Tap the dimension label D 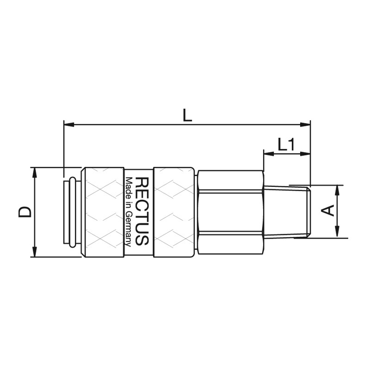coord(25,212)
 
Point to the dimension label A coord(328,210)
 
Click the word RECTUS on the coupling coord(142,212)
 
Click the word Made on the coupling coord(129,186)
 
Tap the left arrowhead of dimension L coord(69,124)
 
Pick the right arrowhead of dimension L coord(305,124)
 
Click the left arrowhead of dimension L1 coord(269,154)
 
